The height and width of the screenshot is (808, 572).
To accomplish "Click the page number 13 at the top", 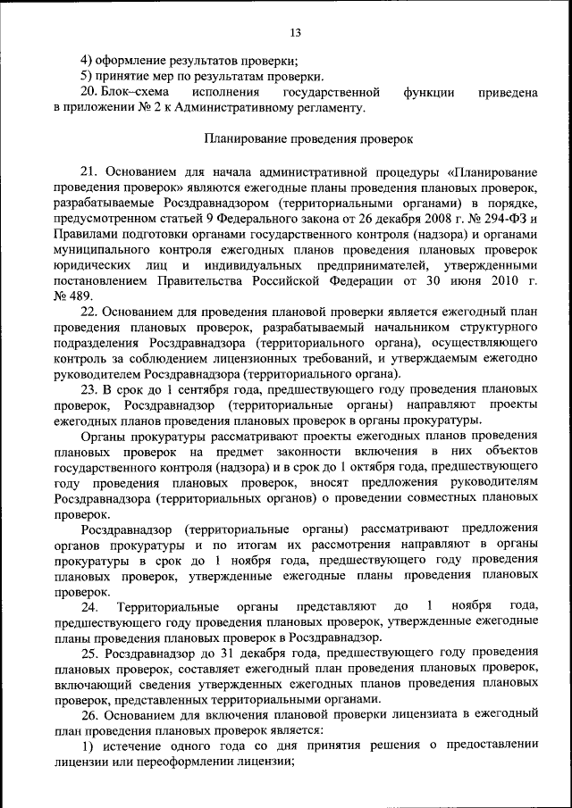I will [x=296, y=33].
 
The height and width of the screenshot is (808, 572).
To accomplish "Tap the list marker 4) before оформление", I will [x=87, y=62].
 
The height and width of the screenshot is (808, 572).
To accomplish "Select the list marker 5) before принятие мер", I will [x=87, y=77].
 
